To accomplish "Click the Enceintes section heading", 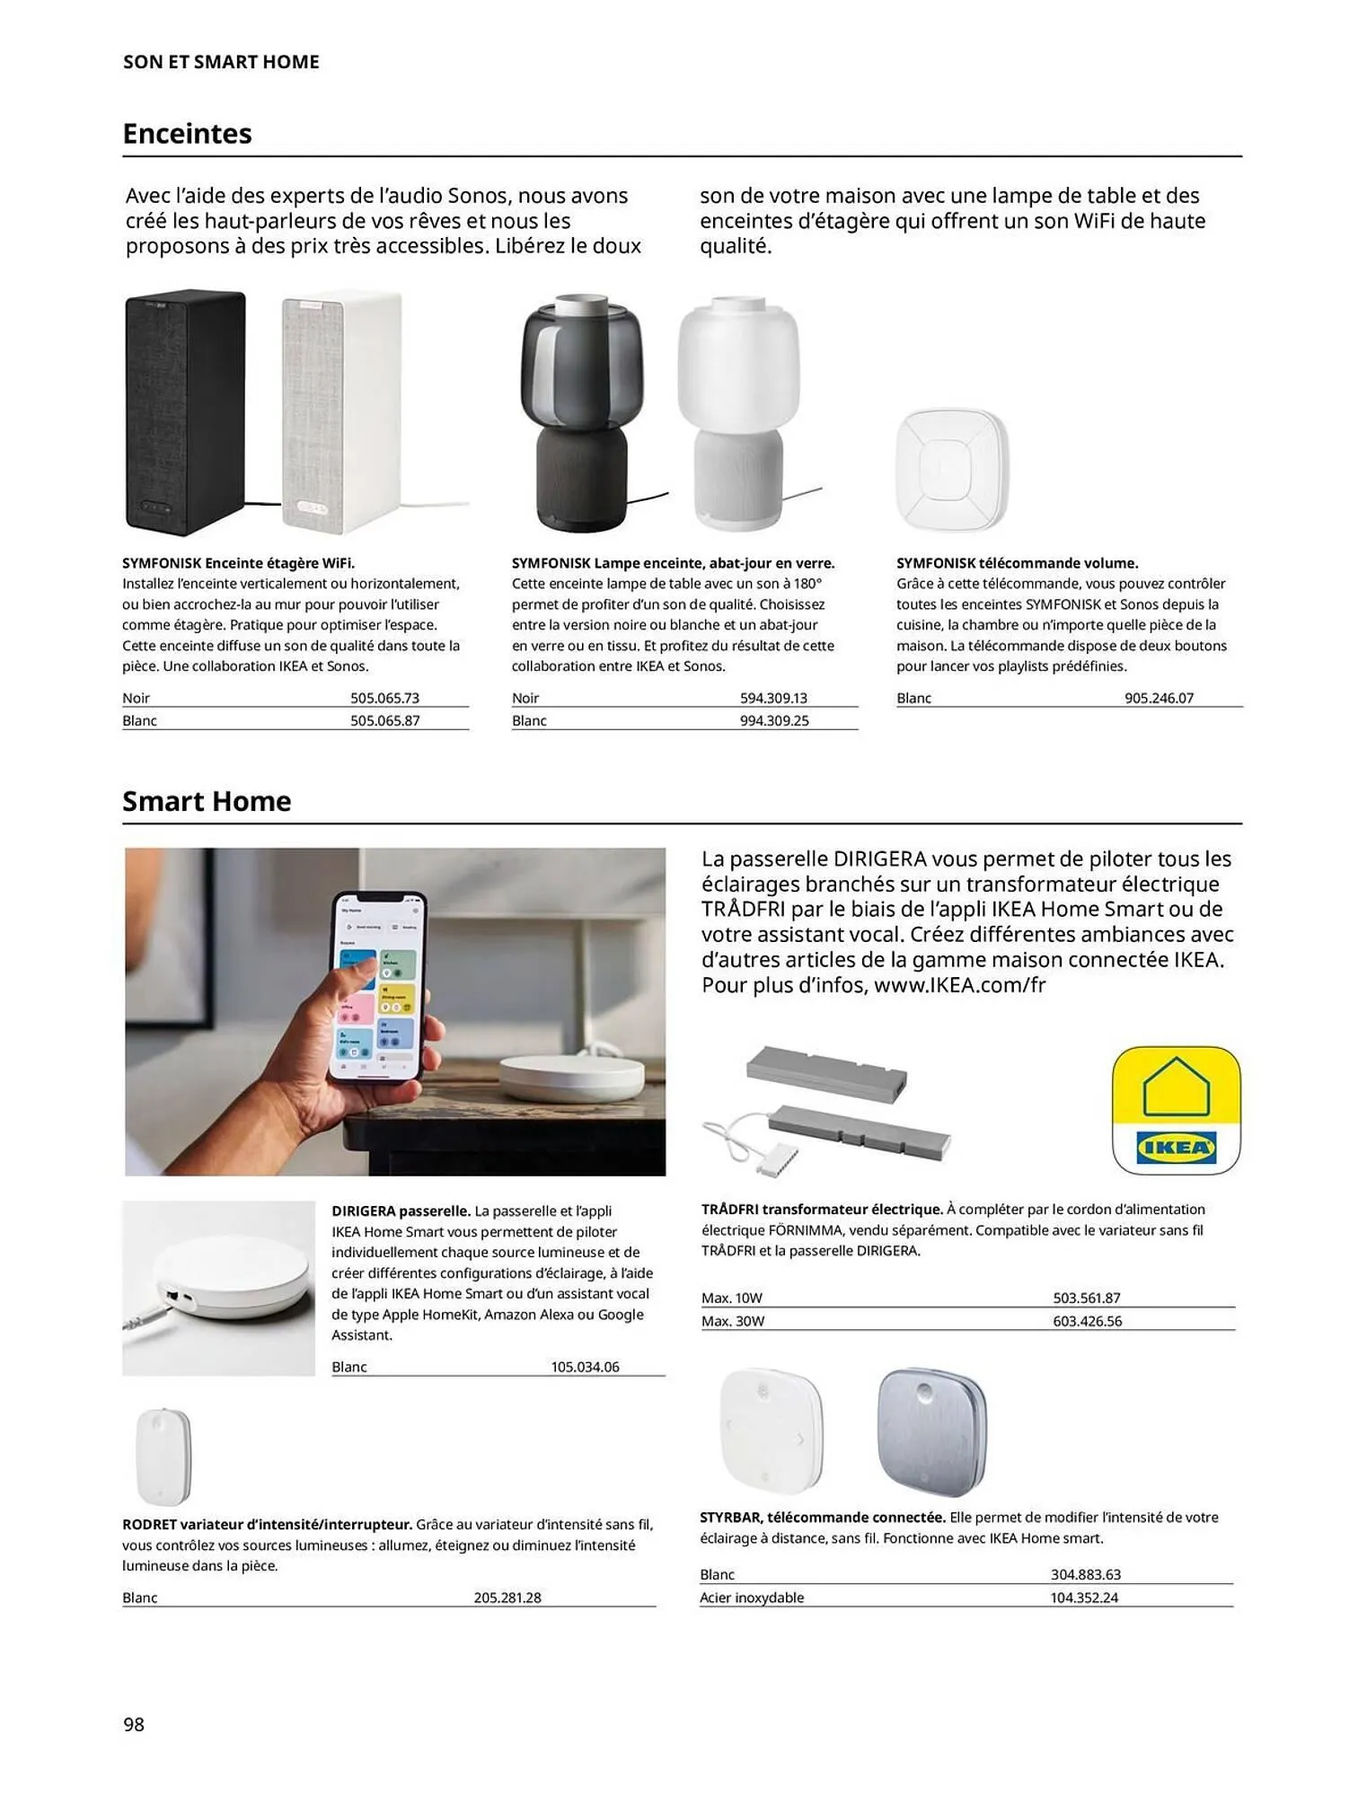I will point(187,134).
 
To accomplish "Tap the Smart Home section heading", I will point(207,801).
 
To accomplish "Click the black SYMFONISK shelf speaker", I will point(185,412).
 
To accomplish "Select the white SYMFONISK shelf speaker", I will point(341,412).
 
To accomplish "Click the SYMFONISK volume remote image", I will point(952,470).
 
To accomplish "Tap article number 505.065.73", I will point(384,698).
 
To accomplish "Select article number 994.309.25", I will point(773,720).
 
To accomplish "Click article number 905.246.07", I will point(1159,698).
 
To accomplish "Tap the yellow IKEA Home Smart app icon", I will point(1176,1110).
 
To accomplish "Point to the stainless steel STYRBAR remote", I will point(931,1432).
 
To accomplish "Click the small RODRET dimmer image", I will point(164,1457).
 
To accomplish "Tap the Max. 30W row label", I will point(732,1321).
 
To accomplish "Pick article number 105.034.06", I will point(585,1367).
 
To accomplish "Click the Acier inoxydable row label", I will point(752,1598).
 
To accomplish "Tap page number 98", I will point(134,1724).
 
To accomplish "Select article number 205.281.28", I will point(507,1598).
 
